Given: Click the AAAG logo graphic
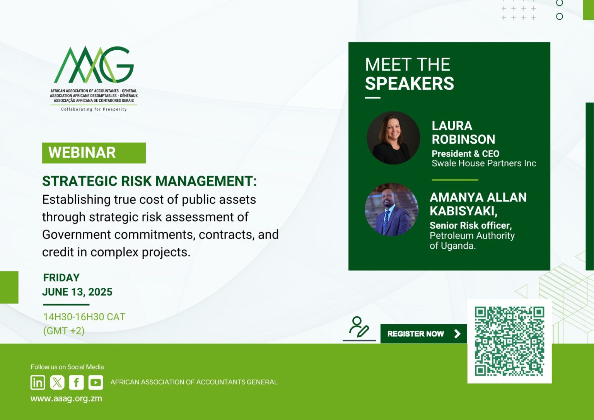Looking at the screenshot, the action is click(94, 65).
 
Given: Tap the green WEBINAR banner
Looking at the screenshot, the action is click(94, 153).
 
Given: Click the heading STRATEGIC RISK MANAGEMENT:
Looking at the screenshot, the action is click(150, 181).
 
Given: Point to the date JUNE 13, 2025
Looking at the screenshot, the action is click(77, 292).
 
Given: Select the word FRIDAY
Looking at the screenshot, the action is click(61, 278).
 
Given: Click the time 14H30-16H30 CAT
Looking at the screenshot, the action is click(84, 317).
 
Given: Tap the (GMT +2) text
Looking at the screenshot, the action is click(64, 331).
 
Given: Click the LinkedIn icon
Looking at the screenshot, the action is click(38, 382).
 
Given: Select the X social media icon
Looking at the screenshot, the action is click(57, 382).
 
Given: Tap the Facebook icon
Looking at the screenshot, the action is click(76, 382).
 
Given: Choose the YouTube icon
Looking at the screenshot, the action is click(96, 382).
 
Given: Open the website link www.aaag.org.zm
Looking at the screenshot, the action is click(66, 398).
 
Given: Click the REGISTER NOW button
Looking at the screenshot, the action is click(423, 333).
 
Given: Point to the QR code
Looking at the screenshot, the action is click(509, 341).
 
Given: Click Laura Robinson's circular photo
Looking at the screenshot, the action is click(393, 138).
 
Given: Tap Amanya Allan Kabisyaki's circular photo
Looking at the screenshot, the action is click(391, 210).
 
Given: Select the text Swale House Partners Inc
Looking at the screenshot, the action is click(484, 163).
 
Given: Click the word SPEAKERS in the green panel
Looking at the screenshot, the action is click(410, 83).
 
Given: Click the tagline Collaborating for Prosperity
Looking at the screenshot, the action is click(94, 109).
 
